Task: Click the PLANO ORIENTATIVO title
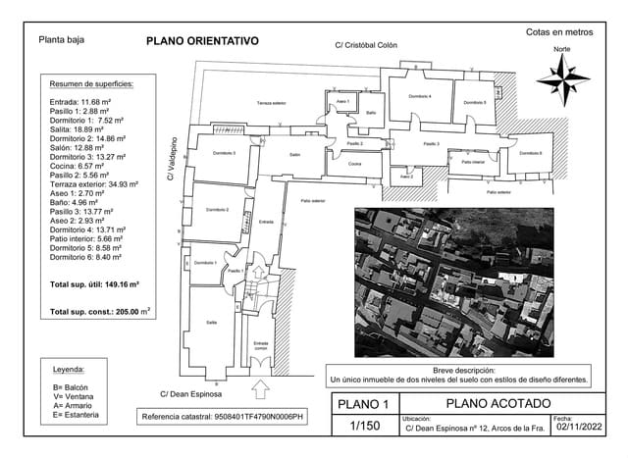201,41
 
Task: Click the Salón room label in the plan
294,155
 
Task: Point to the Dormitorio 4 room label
420,96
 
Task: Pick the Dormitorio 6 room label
531,153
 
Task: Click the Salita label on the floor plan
211,322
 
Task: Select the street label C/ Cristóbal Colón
366,45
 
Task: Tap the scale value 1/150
364,426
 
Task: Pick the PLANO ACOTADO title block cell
497,403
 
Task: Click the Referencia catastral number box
224,417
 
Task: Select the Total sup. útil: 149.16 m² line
94,283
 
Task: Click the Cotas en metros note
559,32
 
